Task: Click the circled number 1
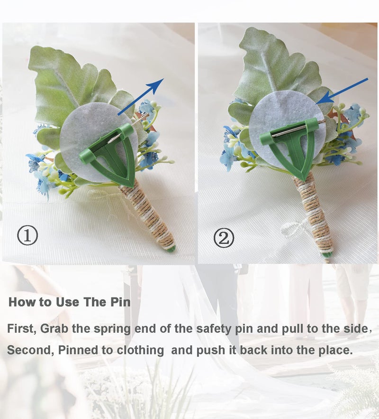coord(27,236)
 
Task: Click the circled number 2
coord(224,238)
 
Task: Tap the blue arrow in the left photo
coord(141,97)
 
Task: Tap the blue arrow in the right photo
coord(342,91)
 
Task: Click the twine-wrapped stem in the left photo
coord(147,215)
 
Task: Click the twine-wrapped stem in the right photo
coord(314,216)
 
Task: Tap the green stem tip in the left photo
coord(171,249)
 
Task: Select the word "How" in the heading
coord(22,302)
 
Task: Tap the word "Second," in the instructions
coord(31,350)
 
